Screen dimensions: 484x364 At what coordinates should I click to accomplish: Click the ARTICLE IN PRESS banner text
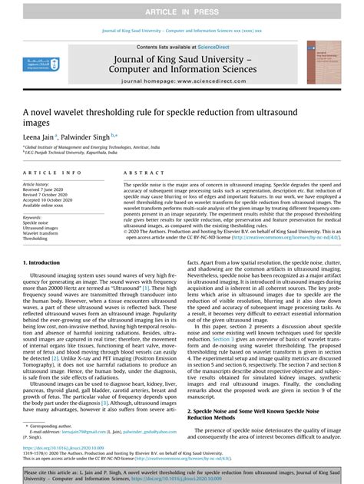(181, 9)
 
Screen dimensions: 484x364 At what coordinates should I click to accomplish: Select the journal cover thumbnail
(322, 68)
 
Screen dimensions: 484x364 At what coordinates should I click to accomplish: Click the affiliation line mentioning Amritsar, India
(84, 147)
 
